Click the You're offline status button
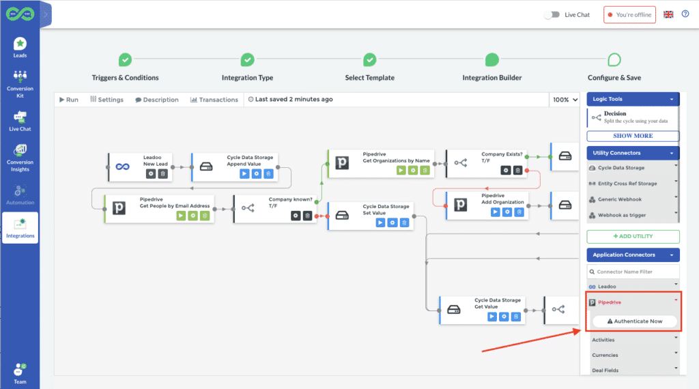click(x=629, y=14)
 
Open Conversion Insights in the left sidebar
click(x=20, y=157)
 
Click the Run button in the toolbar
click(x=69, y=100)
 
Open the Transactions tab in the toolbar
click(x=214, y=100)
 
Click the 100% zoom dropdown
click(x=565, y=100)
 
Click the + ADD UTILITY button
click(x=633, y=236)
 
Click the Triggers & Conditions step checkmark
click(x=126, y=60)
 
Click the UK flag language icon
click(x=668, y=14)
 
